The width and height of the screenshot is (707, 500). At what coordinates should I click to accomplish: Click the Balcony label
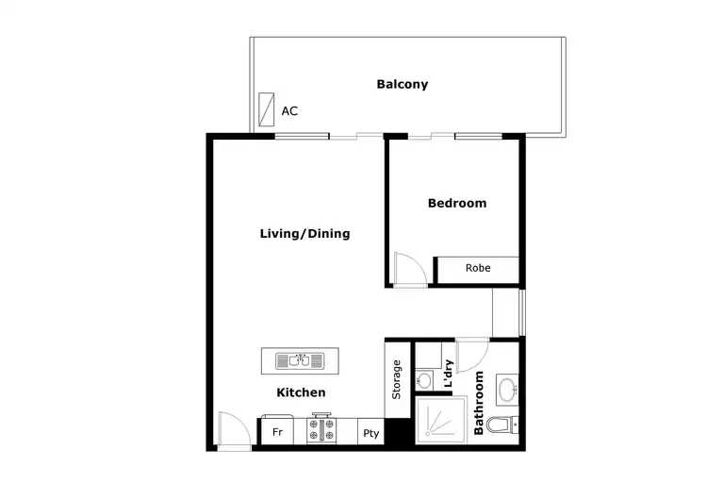pos(402,84)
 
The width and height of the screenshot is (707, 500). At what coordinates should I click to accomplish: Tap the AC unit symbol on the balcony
pos(267,105)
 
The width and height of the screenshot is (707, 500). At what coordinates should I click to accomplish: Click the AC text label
pos(289,111)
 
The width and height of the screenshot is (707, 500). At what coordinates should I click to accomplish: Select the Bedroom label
pos(456,203)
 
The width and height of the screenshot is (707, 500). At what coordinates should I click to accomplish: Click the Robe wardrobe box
pos(477,268)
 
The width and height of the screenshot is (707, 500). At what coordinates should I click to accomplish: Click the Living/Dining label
pos(304,233)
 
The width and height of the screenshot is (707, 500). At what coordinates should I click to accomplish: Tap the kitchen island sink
pos(301,360)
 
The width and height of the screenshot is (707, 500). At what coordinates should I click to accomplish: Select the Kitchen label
pos(301,392)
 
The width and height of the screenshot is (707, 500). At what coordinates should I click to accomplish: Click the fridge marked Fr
pos(277,433)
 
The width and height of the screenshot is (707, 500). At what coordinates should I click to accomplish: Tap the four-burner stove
pos(322,431)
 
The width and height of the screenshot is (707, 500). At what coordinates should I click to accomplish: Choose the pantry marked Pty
pos(370,434)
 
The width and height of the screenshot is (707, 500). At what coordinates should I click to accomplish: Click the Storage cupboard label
pos(397,378)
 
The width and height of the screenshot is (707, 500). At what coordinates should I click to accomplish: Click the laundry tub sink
pos(425,379)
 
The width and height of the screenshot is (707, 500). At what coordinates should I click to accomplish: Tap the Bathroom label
pos(479,403)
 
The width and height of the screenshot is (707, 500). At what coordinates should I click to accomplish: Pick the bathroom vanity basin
pos(507,388)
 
